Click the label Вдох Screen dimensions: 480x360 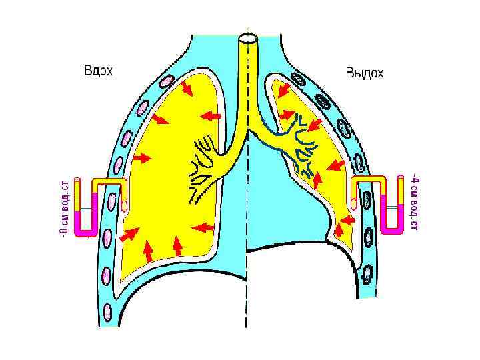(x=97, y=70)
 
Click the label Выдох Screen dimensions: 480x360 (x=364, y=73)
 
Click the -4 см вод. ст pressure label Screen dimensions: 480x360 (x=414, y=203)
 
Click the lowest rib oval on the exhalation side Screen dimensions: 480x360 (x=367, y=274)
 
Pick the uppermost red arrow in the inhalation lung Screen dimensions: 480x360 (x=186, y=88)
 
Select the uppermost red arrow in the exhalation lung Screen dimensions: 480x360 (x=283, y=89)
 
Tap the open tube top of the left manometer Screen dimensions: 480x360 (x=77, y=181)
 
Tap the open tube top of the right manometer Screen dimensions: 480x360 (x=401, y=178)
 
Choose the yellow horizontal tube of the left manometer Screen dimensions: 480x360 (x=107, y=183)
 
